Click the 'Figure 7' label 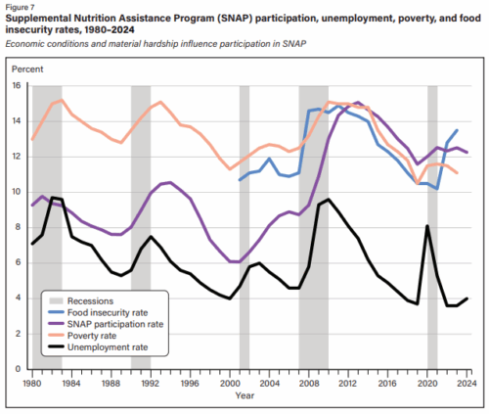tap(20, 7)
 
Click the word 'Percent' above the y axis tap(27, 69)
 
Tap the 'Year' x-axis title tap(244, 395)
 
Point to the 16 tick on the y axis tap(17, 85)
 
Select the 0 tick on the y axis tap(18, 369)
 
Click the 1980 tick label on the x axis tap(32, 383)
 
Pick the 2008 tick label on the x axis tap(309, 383)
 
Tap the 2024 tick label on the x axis tap(467, 383)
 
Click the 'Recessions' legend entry tap(81, 300)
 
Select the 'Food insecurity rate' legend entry tap(98, 312)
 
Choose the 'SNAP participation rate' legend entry tap(106, 324)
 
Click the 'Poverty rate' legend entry tap(82, 336)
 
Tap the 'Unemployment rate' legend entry tap(98, 347)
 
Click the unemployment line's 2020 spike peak tap(427, 226)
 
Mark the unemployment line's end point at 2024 tap(467, 299)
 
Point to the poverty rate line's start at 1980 tap(32, 139)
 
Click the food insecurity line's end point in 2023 tap(457, 130)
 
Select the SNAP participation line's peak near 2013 tap(358, 103)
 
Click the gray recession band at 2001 tap(244, 227)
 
